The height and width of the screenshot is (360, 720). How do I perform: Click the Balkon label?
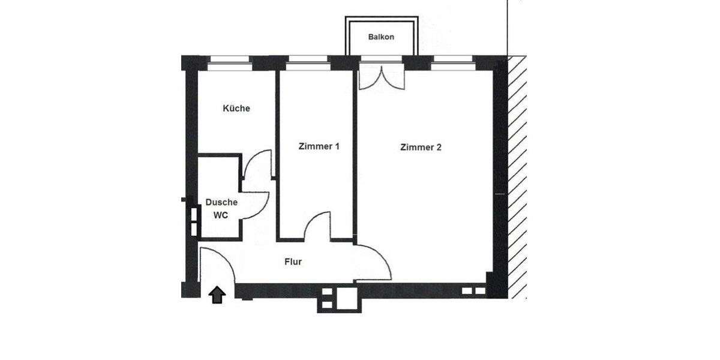point(381,37)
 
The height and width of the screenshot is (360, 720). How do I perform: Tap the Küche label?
point(236,109)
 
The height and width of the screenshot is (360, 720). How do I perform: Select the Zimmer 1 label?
point(319,146)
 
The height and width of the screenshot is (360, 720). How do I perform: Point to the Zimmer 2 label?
point(421,147)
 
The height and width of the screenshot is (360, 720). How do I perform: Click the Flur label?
point(293,262)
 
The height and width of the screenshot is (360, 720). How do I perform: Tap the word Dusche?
point(221,202)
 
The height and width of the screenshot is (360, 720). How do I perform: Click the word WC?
point(221,215)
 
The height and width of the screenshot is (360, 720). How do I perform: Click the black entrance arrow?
point(217,295)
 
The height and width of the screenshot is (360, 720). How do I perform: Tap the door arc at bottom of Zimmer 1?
point(318,226)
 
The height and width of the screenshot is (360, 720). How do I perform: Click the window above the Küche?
point(229,59)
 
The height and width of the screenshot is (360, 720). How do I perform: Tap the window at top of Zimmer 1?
point(308,59)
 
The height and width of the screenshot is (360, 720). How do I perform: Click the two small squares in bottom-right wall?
point(473,291)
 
